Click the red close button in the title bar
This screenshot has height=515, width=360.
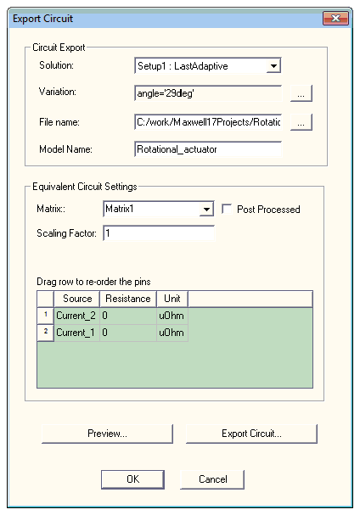click(335, 18)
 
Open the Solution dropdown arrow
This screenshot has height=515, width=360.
click(273, 65)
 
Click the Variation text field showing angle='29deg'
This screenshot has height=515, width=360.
click(208, 93)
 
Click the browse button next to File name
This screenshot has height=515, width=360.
click(301, 122)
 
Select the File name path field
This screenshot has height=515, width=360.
click(208, 122)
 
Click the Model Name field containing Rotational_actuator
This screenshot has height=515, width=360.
click(208, 149)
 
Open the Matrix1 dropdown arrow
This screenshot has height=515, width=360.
click(206, 209)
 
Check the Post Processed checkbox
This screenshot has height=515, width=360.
click(227, 209)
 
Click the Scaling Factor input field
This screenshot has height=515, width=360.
click(159, 233)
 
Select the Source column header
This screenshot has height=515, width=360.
click(77, 299)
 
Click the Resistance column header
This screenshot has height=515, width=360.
click(128, 299)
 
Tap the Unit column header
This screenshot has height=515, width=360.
click(172, 299)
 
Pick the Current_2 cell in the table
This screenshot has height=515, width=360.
click(76, 316)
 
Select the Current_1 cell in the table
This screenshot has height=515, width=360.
click(76, 333)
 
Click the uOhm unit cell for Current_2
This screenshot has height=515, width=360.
click(172, 316)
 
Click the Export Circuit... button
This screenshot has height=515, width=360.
click(251, 434)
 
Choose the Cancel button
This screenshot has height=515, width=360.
click(212, 479)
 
